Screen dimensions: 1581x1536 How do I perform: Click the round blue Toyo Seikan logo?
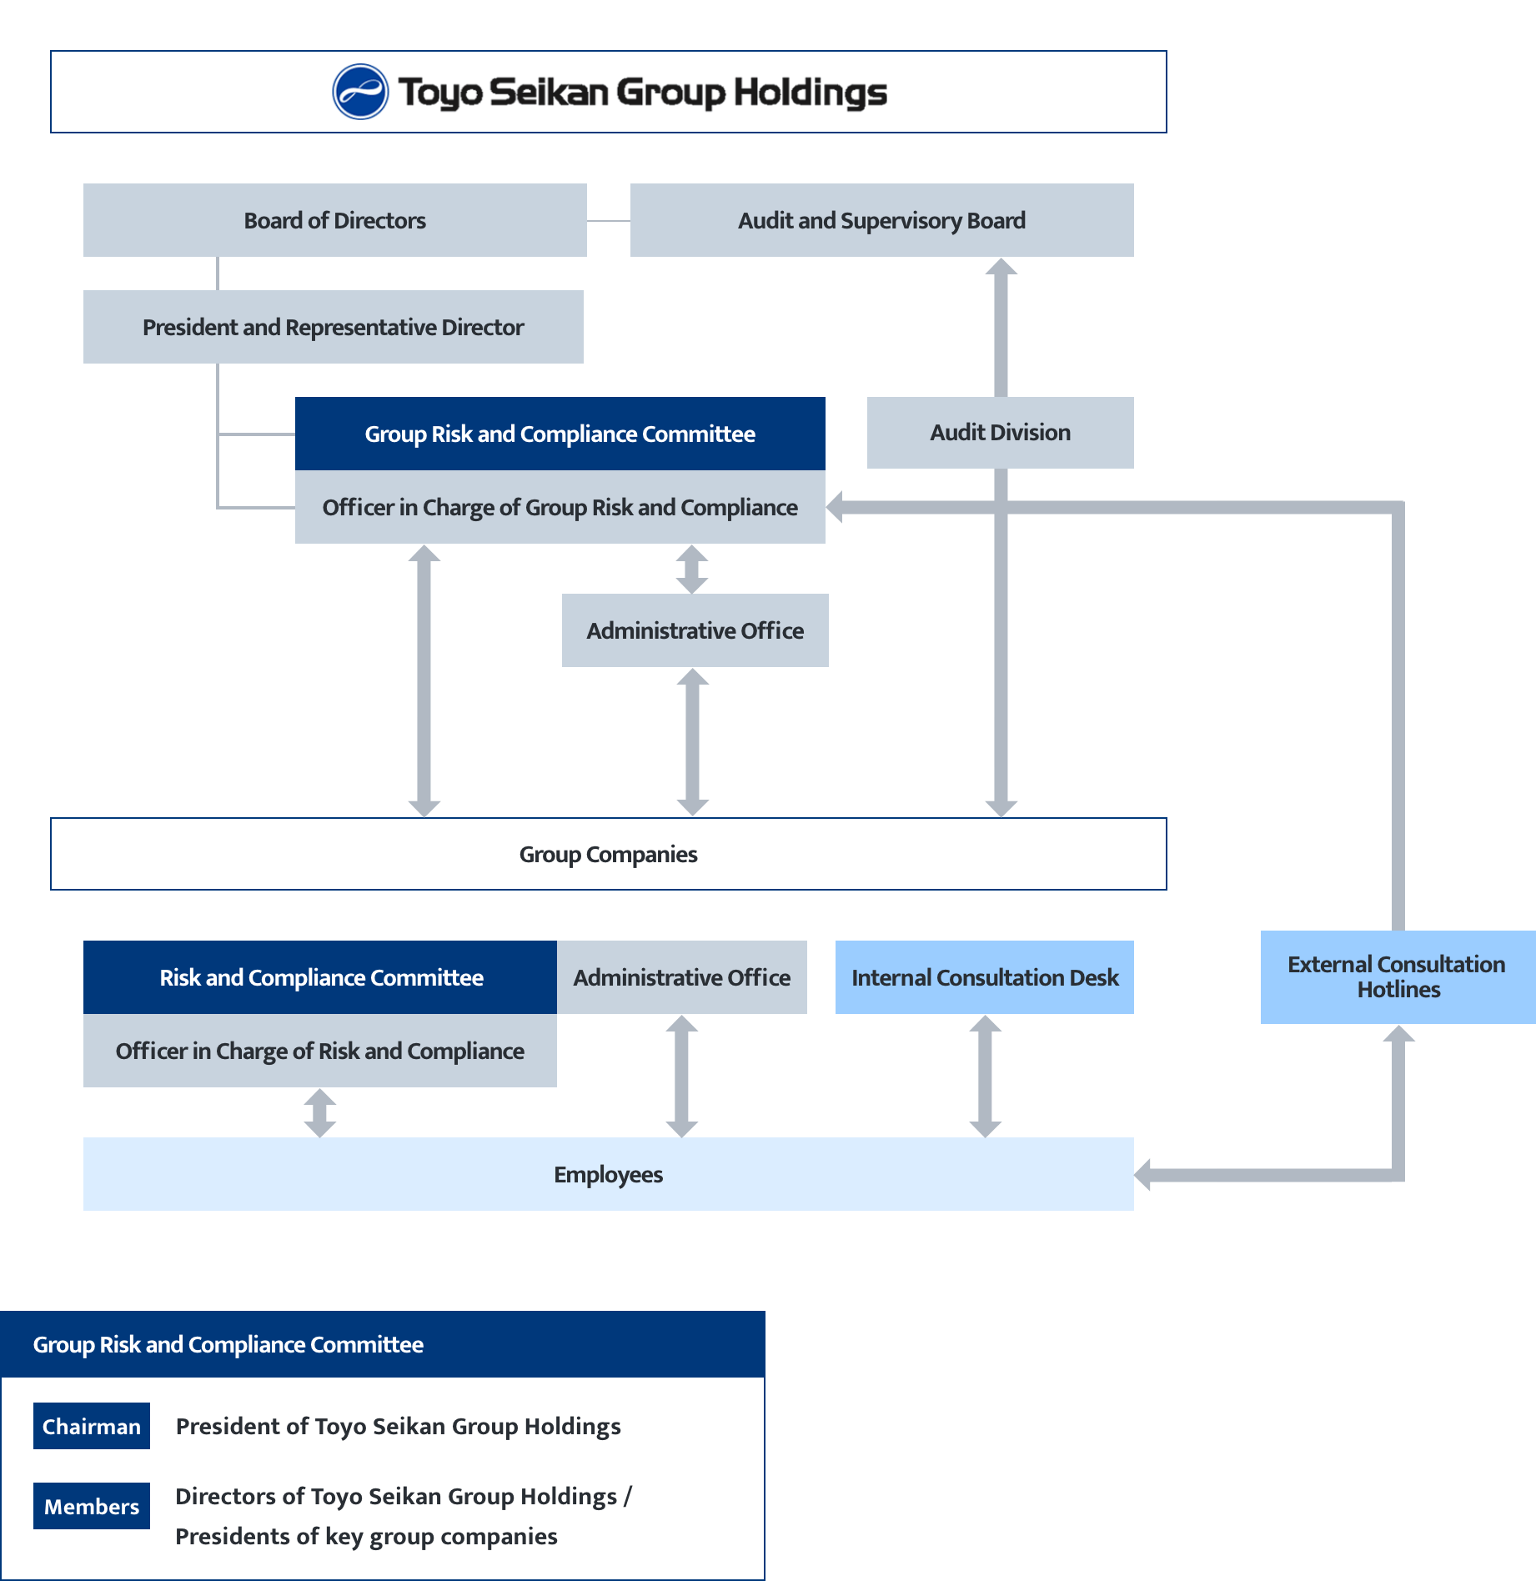(360, 92)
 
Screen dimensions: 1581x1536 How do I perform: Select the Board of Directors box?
(334, 220)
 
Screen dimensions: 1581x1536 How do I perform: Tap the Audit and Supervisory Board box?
(881, 220)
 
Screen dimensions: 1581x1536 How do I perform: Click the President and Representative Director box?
(333, 327)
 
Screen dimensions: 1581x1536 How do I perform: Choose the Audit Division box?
(1000, 432)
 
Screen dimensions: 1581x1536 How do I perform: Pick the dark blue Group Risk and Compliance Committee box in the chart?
(560, 434)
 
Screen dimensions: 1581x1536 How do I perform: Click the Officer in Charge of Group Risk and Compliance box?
(560, 507)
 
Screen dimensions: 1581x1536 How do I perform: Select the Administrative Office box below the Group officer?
(695, 630)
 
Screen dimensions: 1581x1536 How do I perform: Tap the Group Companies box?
(608, 854)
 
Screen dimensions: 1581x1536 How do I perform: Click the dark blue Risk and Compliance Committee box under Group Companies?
(320, 977)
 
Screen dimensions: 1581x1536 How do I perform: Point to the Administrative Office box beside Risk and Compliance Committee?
(681, 977)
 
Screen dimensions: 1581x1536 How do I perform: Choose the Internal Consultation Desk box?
(984, 977)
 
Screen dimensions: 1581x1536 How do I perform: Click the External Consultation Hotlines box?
(1398, 977)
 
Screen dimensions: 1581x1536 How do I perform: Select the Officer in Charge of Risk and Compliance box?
(319, 1051)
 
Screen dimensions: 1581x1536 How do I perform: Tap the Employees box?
(608, 1174)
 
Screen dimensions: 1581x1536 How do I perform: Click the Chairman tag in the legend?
(92, 1426)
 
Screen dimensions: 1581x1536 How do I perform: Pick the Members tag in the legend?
(92, 1506)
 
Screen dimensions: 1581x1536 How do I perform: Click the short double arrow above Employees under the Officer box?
(320, 1113)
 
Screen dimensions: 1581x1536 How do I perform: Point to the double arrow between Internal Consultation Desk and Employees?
(985, 1076)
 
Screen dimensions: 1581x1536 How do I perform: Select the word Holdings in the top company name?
(810, 92)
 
